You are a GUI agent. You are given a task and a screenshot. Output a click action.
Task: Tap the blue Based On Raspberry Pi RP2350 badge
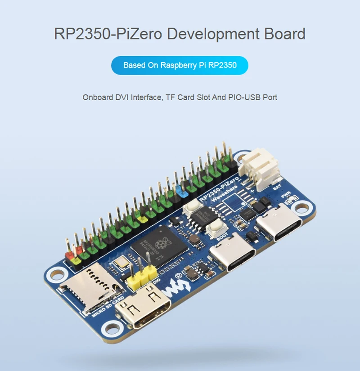pos(180,65)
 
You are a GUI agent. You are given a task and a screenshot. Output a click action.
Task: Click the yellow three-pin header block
pos(139,279)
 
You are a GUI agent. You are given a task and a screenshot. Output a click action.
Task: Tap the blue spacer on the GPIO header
pos(183,192)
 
